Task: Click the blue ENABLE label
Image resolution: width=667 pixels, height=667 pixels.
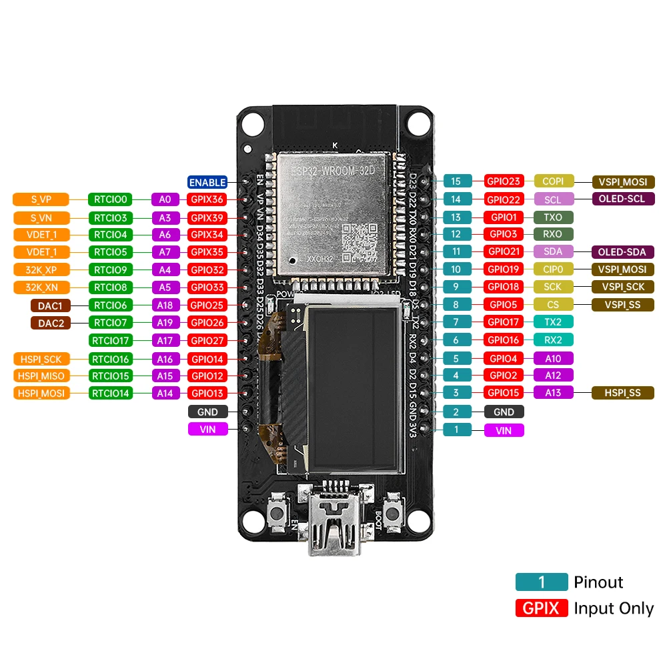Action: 207,182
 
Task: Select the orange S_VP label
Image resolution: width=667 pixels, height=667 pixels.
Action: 41,199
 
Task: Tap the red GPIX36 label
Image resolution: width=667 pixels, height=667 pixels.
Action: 207,199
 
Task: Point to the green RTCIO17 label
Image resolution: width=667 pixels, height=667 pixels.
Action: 111,341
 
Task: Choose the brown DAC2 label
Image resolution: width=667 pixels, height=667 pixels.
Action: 51,323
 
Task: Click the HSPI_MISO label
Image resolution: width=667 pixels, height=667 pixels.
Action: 41,376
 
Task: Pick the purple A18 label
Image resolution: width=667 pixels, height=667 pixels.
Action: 165,305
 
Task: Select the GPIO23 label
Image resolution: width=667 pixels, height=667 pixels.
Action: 504,181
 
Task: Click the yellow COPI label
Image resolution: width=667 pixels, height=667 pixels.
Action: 553,181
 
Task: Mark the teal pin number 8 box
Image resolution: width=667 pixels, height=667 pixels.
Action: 456,305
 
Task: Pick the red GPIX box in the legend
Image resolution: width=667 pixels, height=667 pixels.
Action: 542,608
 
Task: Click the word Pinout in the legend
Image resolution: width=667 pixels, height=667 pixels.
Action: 598,582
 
